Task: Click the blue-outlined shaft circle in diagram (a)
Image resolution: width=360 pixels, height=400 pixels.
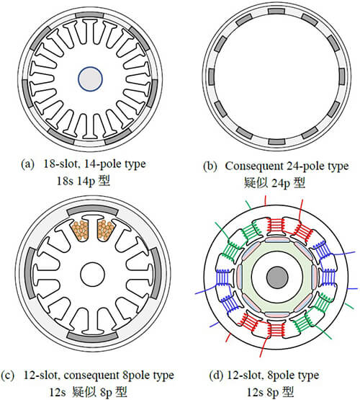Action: [x=90, y=79]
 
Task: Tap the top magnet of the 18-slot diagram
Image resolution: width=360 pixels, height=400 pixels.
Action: [x=90, y=15]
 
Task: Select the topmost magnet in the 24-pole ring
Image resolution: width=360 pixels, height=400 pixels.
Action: [x=276, y=12]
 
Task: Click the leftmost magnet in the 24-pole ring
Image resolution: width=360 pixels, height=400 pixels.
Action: [x=211, y=76]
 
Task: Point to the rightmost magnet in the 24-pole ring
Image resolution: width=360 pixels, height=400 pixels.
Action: [x=342, y=76]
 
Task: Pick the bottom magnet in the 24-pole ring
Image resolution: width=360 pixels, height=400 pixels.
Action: [x=276, y=142]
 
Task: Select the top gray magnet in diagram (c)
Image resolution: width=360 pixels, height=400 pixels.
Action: [x=92, y=210]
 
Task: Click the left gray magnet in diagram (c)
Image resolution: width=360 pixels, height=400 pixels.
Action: [x=30, y=272]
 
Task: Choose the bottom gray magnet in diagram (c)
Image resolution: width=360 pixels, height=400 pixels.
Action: [x=92, y=335]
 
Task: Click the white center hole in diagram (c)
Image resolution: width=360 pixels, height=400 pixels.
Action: [x=92, y=274]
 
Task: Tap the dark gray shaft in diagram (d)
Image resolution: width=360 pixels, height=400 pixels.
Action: [x=277, y=277]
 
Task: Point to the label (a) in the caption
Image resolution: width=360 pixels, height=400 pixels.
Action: [x=27, y=164]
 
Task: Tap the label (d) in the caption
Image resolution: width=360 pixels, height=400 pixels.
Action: [x=216, y=375]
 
